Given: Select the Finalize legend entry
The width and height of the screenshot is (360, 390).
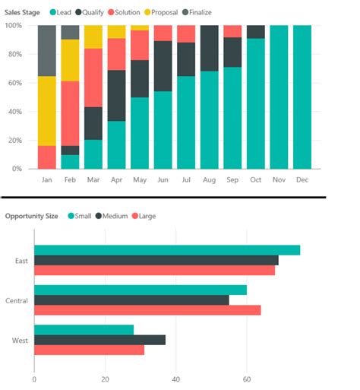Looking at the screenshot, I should [199, 13].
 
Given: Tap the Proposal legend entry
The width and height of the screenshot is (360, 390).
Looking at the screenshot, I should [163, 13].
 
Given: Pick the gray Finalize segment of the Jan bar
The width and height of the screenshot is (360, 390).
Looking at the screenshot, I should [47, 50].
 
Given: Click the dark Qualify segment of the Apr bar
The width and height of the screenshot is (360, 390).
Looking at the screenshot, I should [116, 95].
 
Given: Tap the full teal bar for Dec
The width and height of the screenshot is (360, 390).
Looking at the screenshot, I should [302, 97].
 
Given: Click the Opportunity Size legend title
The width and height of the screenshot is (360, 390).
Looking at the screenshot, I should [31, 216].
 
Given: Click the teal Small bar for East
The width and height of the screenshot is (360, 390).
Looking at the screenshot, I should [167, 250].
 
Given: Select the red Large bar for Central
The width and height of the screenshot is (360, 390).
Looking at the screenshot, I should [147, 310].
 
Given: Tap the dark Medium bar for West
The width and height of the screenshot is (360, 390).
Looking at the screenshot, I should [99, 340].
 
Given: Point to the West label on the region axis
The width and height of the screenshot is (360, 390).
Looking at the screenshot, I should [20, 340].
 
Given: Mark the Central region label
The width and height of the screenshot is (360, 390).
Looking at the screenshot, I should [16, 300].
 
